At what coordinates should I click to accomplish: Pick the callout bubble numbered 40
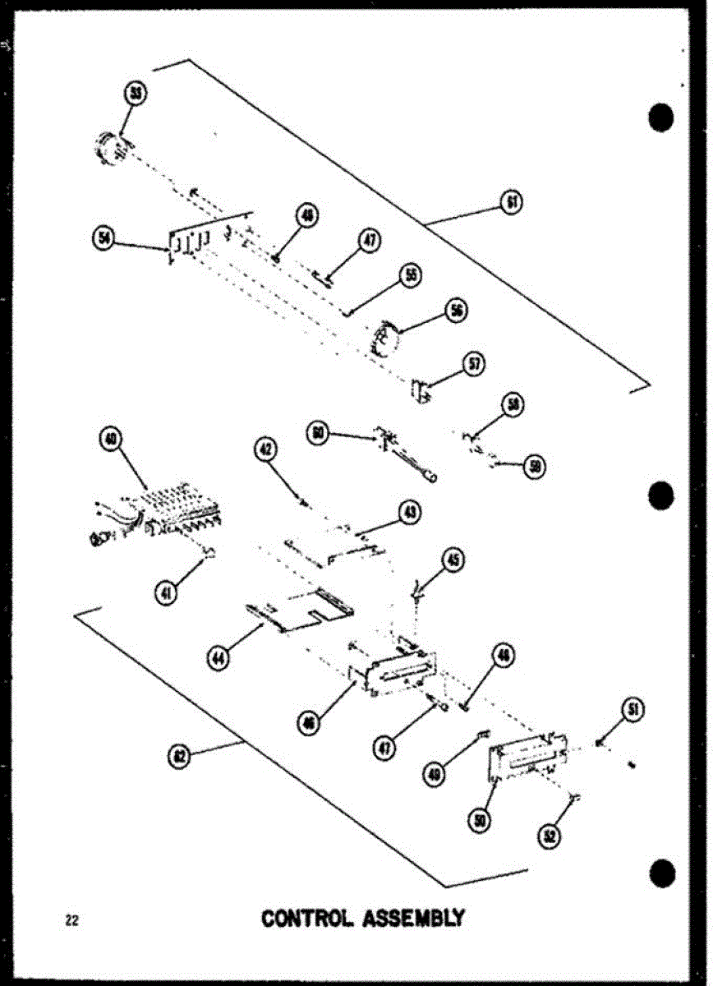click(x=108, y=439)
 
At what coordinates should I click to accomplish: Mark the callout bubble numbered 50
click(x=481, y=819)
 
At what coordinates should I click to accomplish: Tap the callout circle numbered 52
click(x=548, y=836)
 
